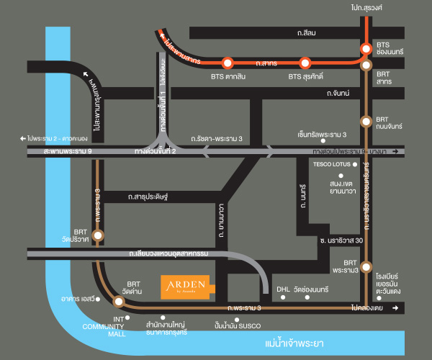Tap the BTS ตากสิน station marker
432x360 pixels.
(x=228, y=63)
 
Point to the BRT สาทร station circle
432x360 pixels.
(x=366, y=66)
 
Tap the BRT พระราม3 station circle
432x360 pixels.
(x=366, y=266)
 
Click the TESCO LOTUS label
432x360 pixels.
(x=331, y=164)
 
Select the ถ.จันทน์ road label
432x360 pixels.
(x=338, y=94)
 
